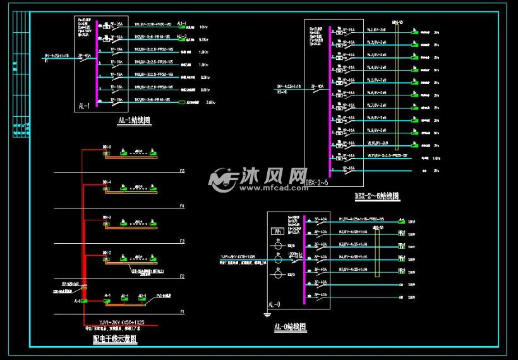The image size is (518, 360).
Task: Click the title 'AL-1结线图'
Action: click(134, 120)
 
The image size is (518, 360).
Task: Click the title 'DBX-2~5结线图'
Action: click(377, 196)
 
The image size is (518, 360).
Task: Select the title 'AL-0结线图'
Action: click(290, 327)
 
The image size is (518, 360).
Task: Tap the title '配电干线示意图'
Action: click(115, 339)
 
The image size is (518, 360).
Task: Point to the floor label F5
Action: click(182, 171)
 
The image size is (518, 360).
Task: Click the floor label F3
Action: click(182, 241)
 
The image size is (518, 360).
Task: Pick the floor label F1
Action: click(182, 312)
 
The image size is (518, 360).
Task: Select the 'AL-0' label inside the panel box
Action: click(276, 303)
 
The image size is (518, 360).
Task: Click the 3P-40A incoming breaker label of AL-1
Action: click(85, 56)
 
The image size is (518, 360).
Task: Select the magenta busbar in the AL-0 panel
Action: click(304, 259)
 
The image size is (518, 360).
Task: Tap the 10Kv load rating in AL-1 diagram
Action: click(203, 28)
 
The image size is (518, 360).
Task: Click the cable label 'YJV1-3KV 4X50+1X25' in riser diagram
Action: click(117, 322)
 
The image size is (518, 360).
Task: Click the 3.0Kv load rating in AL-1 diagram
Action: click(211, 102)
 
